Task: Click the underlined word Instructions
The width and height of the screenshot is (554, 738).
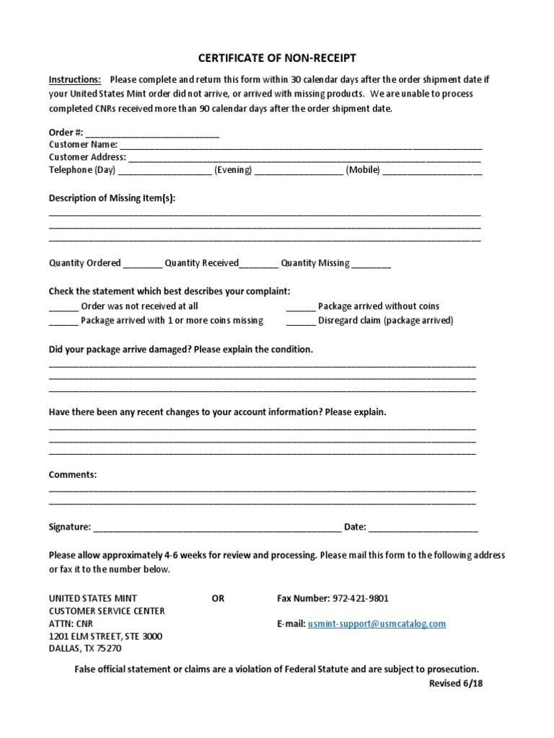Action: (x=75, y=79)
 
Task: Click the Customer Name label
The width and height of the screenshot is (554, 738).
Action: (x=83, y=144)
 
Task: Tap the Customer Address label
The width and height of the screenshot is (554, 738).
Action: (x=87, y=156)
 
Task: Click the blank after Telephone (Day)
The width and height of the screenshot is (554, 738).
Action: (x=164, y=171)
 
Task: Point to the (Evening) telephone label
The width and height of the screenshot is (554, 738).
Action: (x=232, y=170)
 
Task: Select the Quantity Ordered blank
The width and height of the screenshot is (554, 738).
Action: (x=143, y=264)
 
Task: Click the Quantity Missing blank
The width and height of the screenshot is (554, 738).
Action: (x=371, y=264)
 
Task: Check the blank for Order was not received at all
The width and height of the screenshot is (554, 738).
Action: (x=63, y=307)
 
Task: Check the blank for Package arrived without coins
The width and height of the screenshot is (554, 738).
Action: (x=301, y=307)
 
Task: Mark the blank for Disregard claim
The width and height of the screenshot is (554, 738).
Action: (x=301, y=321)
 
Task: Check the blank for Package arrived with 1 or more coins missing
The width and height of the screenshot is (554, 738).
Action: (x=63, y=321)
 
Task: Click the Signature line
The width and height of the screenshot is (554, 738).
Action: (x=217, y=528)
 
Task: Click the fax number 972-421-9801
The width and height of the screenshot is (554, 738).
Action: (x=361, y=598)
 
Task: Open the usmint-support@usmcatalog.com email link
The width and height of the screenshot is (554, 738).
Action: (x=377, y=623)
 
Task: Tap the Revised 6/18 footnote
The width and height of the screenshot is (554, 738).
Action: (x=455, y=684)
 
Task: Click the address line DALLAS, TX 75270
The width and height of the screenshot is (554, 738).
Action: (x=85, y=649)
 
